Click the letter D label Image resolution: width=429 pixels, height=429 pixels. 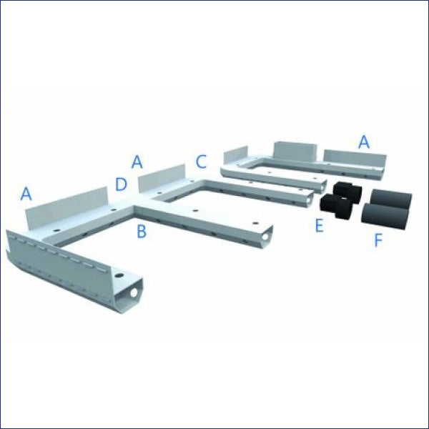click(122, 184)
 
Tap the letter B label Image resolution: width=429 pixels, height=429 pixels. click(142, 231)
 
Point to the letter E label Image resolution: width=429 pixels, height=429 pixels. click(319, 226)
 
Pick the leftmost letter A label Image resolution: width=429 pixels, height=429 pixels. click(26, 193)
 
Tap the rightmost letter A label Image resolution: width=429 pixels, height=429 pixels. click(364, 142)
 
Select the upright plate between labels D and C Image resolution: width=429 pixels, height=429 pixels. click(161, 179)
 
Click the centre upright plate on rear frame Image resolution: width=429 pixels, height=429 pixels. click(295, 152)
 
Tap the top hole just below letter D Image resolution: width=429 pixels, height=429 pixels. click(116, 209)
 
